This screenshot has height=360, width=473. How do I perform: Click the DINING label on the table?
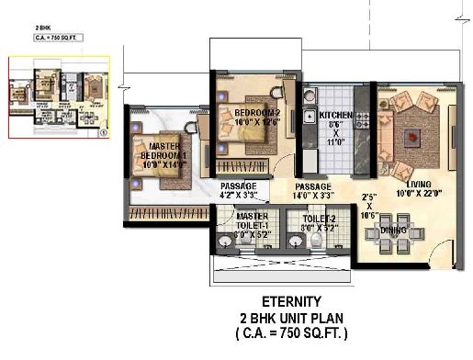click(394, 230)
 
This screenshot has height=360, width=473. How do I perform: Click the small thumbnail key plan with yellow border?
click(59, 98)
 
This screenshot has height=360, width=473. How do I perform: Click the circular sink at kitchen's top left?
click(311, 95)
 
